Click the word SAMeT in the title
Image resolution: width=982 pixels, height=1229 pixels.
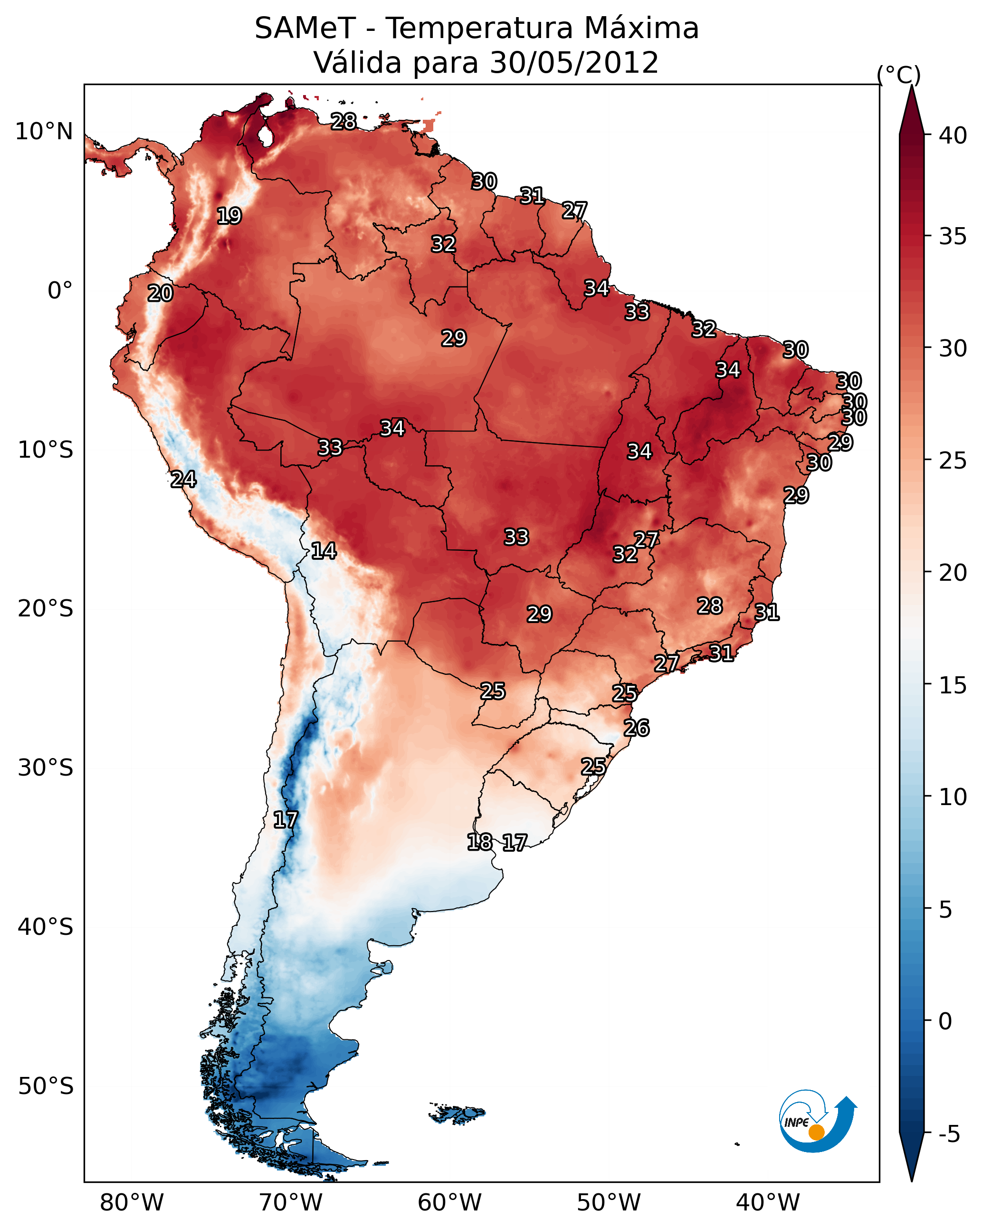tap(305, 29)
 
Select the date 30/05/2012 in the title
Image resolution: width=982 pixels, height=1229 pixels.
tap(574, 63)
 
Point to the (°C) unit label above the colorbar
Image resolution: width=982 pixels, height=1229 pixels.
tap(899, 75)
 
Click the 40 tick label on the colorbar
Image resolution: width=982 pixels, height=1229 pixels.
tap(953, 135)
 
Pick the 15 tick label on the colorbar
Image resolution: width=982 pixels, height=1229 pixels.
tap(953, 685)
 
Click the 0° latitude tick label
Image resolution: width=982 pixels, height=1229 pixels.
tap(60, 291)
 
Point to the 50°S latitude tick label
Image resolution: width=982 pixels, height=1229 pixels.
tap(46, 1086)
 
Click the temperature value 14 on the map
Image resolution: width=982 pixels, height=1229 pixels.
tap(324, 551)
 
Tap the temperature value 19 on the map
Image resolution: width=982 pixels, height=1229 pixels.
tap(229, 216)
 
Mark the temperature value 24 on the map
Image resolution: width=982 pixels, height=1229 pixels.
tap(183, 480)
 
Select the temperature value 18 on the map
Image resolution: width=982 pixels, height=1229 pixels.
tap(479, 842)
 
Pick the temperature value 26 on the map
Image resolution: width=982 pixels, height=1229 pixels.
tap(637, 728)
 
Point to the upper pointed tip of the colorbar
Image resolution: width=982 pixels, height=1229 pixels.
tap(911, 86)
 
